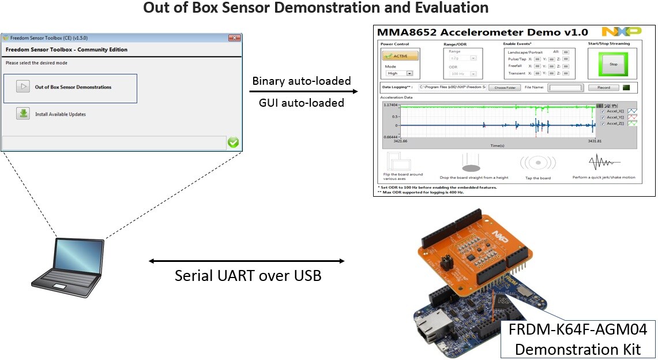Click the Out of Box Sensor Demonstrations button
70,88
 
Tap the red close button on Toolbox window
234,38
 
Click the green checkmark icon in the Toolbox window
233,142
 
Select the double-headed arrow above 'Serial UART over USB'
246,261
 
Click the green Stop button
612,64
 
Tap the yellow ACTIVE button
400,56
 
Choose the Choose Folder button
505,88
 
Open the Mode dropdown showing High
400,73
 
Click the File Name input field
565,88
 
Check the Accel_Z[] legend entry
603,123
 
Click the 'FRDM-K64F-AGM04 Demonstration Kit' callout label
578,339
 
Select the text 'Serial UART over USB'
248,276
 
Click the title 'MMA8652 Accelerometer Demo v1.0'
482,32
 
